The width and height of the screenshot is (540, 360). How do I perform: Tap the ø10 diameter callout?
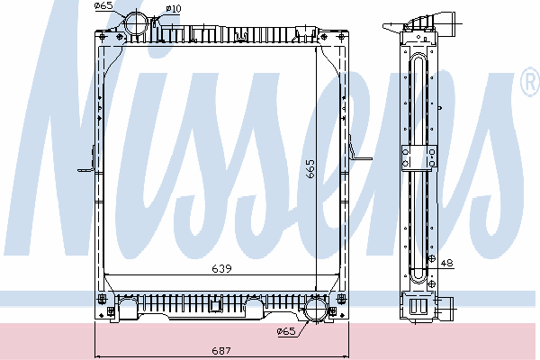[174, 8]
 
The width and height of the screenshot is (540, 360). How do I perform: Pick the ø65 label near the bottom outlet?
[286, 332]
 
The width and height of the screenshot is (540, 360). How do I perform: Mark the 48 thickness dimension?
[446, 263]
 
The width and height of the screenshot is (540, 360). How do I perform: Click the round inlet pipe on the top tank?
[139, 23]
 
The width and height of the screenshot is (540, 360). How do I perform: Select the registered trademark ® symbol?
[529, 83]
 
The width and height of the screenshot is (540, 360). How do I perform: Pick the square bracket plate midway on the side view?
[418, 157]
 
